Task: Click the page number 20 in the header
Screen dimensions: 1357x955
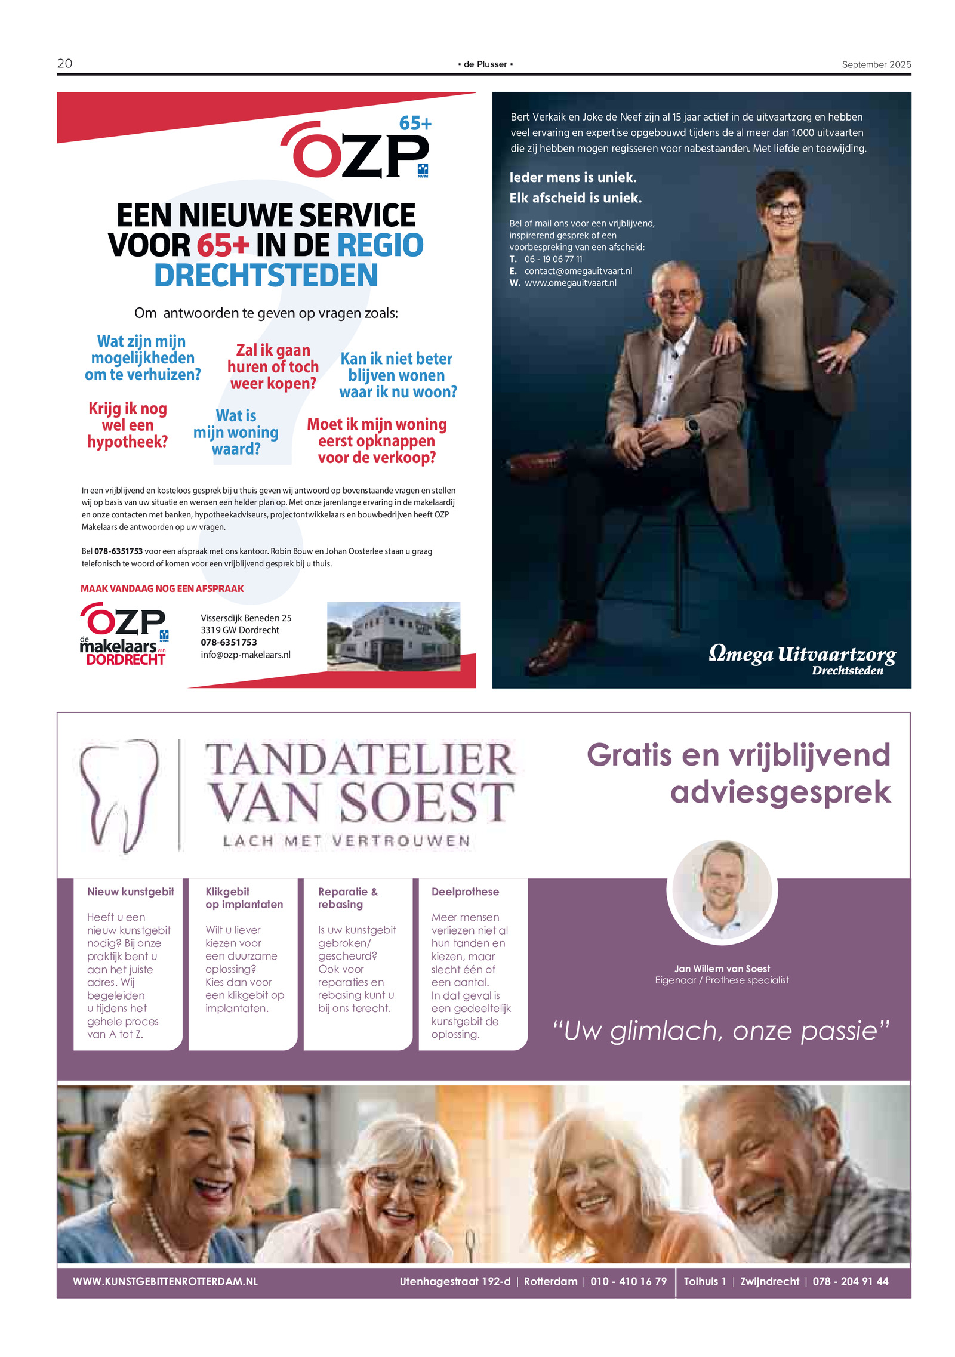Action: [64, 63]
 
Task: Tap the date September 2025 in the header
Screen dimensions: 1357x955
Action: [876, 64]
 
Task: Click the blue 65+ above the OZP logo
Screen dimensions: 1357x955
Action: [415, 124]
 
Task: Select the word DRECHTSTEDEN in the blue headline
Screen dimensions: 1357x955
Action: [266, 275]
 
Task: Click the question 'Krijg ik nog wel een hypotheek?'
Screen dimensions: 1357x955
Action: [127, 425]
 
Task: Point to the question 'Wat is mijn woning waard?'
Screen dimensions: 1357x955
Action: [236, 432]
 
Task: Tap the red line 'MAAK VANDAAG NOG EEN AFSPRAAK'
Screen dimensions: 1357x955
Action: [162, 588]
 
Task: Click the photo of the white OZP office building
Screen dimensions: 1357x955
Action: [393, 636]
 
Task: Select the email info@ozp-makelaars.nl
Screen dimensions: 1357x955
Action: [245, 655]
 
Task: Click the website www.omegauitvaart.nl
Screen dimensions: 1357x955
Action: [570, 283]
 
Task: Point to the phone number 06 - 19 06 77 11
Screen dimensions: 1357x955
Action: [553, 259]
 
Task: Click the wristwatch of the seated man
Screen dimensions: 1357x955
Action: [692, 425]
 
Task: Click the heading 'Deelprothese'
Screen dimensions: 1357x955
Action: [465, 892]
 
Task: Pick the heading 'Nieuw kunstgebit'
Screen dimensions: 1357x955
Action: [130, 892]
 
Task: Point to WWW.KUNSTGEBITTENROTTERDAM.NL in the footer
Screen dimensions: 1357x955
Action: [165, 1281]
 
